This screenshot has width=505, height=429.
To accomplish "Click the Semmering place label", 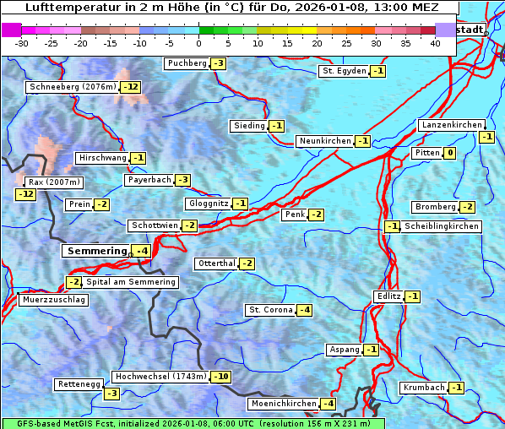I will tap(96, 251).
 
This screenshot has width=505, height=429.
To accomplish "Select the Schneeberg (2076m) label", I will tap(72, 87).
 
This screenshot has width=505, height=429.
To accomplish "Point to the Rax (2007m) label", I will tap(53, 182).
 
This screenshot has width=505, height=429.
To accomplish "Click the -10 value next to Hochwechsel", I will tap(220, 376).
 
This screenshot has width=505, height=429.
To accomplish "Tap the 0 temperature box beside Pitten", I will tap(449, 153).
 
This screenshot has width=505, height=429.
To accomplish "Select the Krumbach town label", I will tap(423, 388).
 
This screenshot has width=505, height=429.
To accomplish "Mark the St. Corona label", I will tap(270, 310).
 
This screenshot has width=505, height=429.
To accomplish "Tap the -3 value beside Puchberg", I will tap(218, 63).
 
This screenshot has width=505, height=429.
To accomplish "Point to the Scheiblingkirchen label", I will tap(441, 226).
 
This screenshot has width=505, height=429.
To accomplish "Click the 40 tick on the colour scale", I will tap(435, 42).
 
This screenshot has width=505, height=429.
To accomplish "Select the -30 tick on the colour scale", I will tap(22, 42).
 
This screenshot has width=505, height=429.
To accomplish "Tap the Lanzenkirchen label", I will tap(451, 125).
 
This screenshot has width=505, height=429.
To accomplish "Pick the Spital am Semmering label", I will tap(131, 281).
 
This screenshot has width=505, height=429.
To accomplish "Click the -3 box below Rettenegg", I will tap(111, 393).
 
